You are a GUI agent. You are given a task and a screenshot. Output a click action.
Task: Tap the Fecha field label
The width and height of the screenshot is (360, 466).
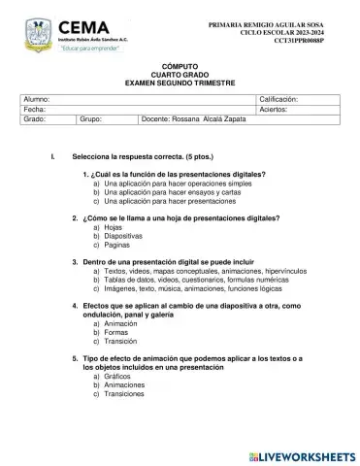click(34, 111)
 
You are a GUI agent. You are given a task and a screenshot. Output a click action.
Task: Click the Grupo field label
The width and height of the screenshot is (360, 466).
click(92, 121)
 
